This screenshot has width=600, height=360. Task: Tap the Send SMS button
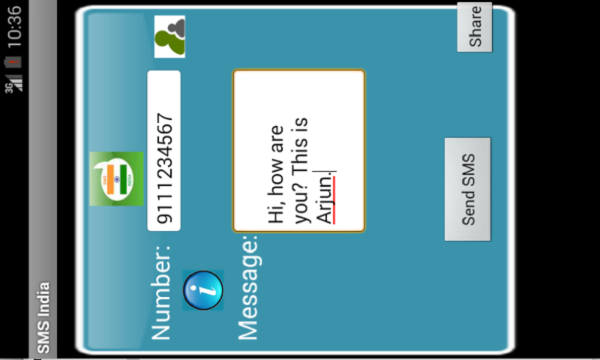[x=467, y=189]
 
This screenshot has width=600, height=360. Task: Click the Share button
[x=475, y=28]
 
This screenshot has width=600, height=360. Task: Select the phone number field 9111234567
[x=164, y=150]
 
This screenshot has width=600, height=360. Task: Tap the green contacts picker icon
[x=169, y=37]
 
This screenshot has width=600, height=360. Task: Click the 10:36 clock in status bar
[x=13, y=23]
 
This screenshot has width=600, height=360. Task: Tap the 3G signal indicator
[x=13, y=82]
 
